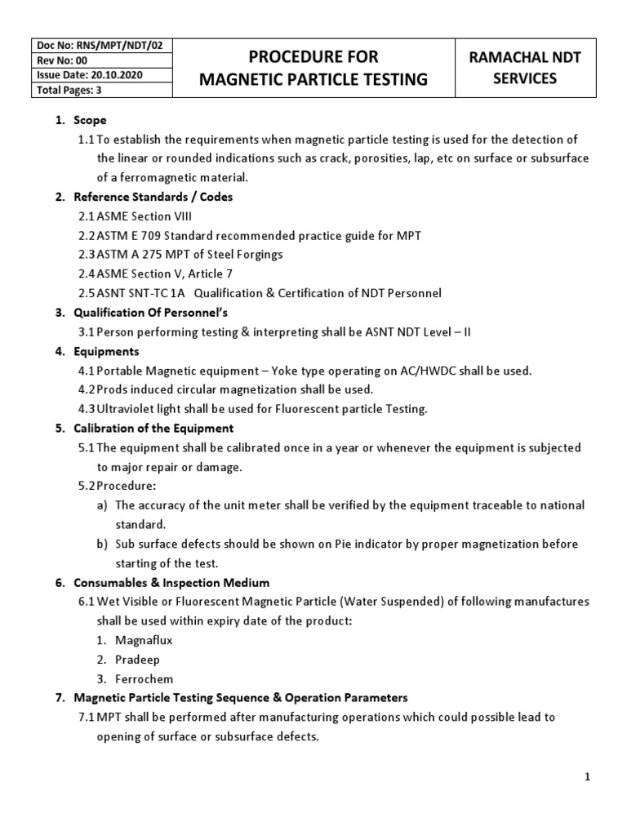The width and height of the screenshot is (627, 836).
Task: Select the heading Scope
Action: pos(90,120)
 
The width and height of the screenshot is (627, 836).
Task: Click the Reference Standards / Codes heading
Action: pos(153,197)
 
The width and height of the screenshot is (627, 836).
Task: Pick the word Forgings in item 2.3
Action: pos(256,255)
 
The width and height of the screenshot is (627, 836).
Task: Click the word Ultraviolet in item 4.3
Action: pos(130,408)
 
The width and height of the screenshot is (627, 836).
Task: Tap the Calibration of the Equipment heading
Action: pos(153,429)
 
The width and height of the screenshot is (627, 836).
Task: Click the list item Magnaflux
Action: pos(145,640)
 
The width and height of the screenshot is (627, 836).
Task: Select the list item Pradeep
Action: pos(139,660)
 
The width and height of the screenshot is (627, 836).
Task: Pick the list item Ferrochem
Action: pos(145,678)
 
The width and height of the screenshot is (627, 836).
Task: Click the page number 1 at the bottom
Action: pos(587,777)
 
